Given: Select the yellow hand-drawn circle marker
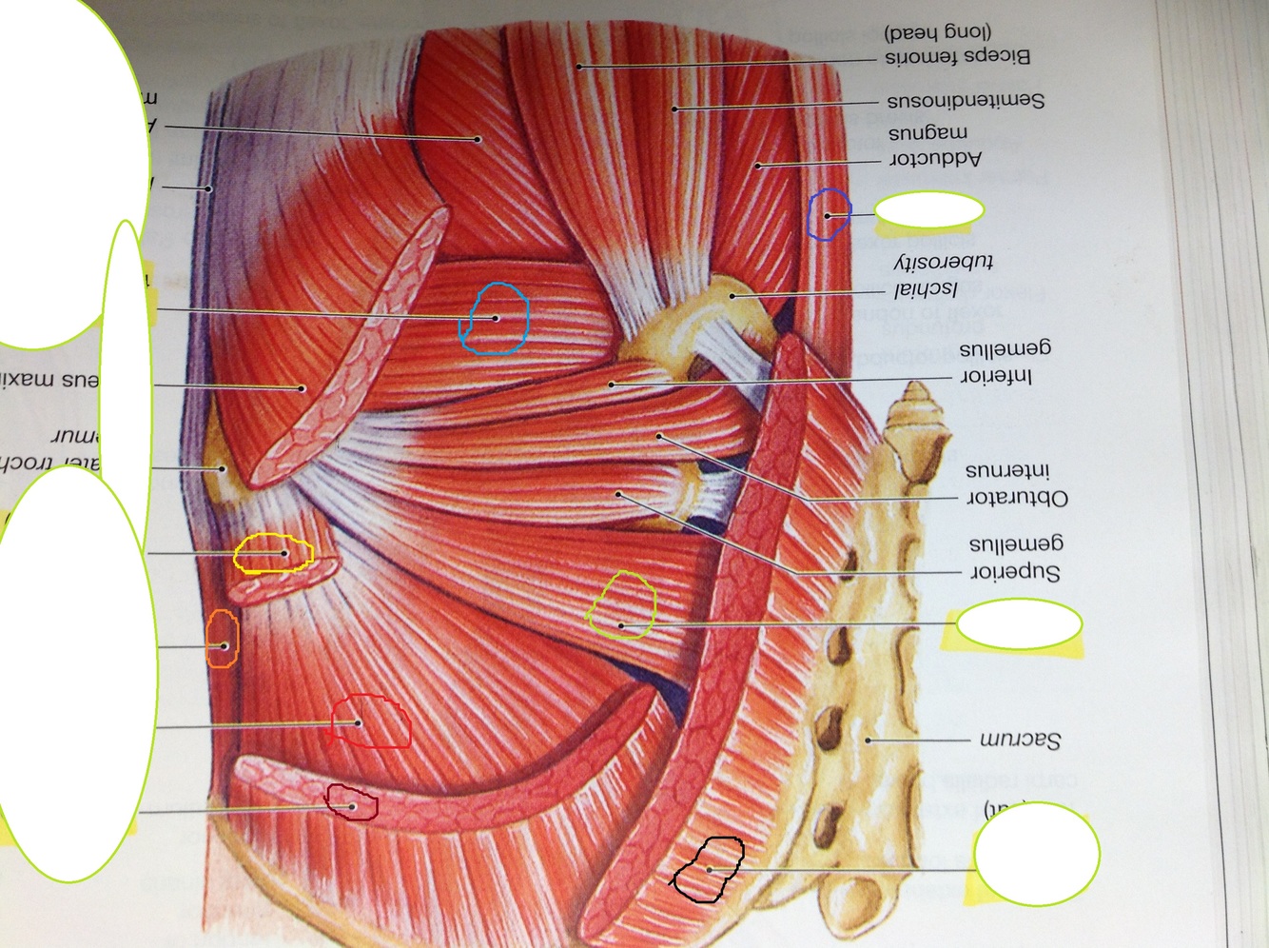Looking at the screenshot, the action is pyautogui.click(x=273, y=554).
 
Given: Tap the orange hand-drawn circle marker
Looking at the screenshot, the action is pyautogui.click(x=223, y=640).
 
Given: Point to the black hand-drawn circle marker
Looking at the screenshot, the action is pyautogui.click(x=709, y=868).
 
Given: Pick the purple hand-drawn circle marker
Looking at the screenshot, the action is pyautogui.click(x=829, y=214).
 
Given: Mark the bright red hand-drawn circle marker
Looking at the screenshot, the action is pyautogui.click(x=371, y=721).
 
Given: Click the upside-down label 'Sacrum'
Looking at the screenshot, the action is pyautogui.click(x=1020, y=740).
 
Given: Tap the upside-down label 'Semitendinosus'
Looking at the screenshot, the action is pyautogui.click(x=966, y=100).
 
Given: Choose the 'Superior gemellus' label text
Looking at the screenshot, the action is pyautogui.click(x=1015, y=558).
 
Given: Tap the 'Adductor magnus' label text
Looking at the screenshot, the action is pyautogui.click(x=934, y=146).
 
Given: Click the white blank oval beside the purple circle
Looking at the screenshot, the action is pyautogui.click(x=928, y=211).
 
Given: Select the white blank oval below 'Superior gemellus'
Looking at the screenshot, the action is pyautogui.click(x=1018, y=625).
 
